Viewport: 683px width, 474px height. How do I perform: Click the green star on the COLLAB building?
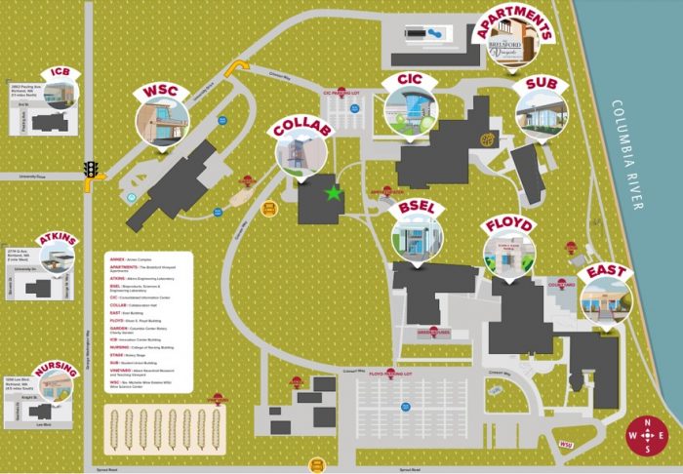(x=335, y=194)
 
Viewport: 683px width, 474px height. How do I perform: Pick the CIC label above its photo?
(x=410, y=79)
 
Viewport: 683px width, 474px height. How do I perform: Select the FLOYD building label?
(x=509, y=226)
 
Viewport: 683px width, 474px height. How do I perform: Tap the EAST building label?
(x=605, y=272)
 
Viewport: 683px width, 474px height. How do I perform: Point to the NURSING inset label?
(x=55, y=370)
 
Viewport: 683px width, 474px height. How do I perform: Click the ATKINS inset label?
(x=56, y=239)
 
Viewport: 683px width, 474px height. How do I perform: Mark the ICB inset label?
(x=60, y=72)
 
